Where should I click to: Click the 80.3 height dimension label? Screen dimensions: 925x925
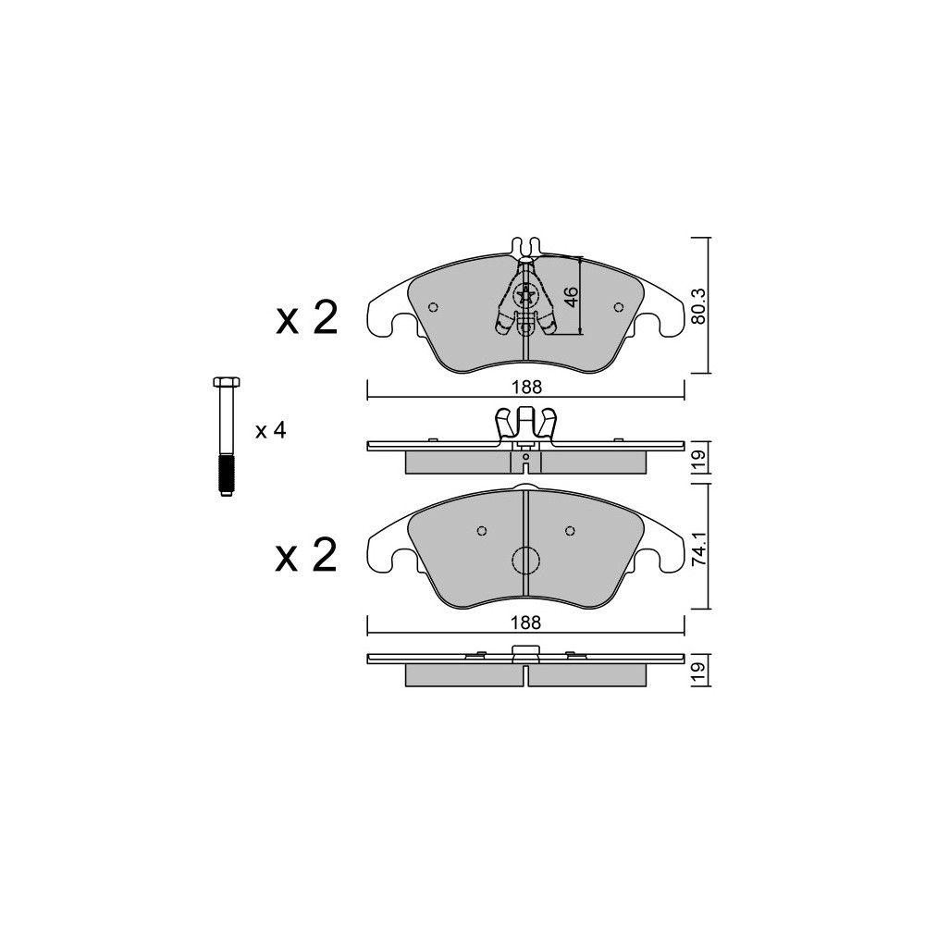698,305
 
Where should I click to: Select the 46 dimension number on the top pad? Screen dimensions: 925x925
571,297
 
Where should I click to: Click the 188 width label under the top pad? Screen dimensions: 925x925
526,388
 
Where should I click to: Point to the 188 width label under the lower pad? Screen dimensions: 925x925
526,623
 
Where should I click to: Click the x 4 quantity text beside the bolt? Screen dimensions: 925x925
271,431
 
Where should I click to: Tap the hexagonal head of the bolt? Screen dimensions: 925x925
225,381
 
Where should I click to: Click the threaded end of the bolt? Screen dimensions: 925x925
226,474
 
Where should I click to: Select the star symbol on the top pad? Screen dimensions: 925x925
524,296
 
